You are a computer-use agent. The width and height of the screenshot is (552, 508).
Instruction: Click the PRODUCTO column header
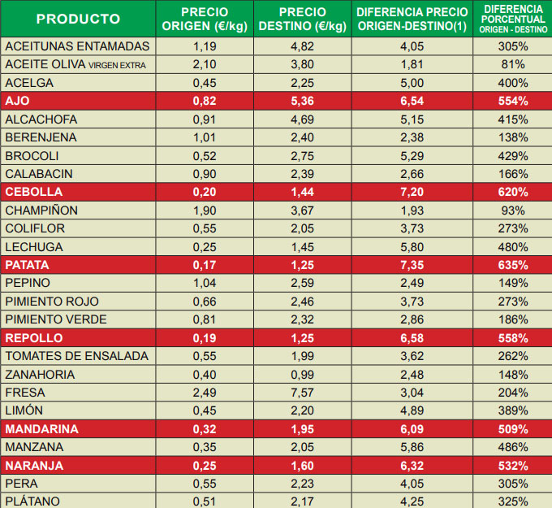coord(78,19)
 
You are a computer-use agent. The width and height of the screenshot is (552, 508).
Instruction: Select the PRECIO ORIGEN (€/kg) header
coord(205,19)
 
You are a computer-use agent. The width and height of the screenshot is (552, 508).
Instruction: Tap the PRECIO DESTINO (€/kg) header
coord(302,19)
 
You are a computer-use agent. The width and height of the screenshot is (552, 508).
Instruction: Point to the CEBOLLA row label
coord(34,192)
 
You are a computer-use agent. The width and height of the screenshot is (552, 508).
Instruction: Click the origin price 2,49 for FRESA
coord(205,393)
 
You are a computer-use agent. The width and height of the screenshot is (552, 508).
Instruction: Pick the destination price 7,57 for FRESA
coord(302,393)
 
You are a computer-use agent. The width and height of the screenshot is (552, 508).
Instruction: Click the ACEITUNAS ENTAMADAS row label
coord(77,46)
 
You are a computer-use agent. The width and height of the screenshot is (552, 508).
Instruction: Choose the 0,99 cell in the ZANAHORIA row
coord(302,374)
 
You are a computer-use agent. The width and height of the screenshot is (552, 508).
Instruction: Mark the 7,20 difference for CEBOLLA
coord(412,192)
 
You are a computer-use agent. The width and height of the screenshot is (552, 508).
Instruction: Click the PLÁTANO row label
coord(33,501)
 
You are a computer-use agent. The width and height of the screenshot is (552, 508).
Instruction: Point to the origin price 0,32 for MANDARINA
coord(205,428)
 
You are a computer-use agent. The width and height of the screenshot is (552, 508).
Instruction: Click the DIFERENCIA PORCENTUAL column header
coord(513,19)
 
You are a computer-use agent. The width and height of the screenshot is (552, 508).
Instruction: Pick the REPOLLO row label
coord(33,337)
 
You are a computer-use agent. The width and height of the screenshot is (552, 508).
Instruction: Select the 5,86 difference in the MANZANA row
coord(412,447)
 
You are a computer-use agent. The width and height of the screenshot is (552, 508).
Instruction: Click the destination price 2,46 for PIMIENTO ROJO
coord(302,302)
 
